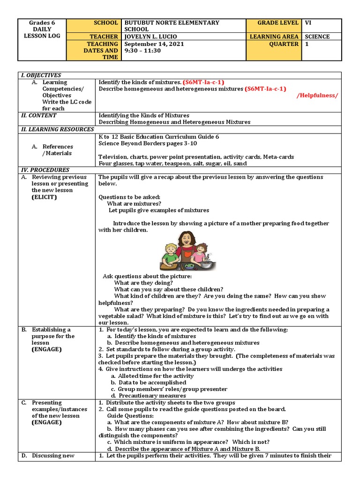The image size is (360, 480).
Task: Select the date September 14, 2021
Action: tap(153, 44)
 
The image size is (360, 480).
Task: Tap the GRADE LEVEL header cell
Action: tap(278, 22)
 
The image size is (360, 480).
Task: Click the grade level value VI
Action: tap(308, 22)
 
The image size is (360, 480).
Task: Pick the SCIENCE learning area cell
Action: tap(317, 37)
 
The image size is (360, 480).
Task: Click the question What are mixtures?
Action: tap(134, 203)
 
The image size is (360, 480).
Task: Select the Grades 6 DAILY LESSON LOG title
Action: tap(42, 29)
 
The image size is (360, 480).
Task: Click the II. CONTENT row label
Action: tap(39, 115)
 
